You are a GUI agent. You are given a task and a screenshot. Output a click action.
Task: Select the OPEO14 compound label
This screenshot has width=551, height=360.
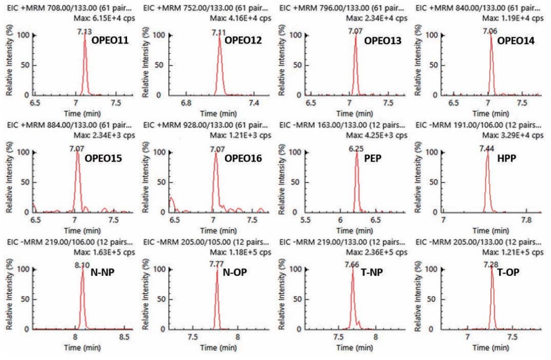516,41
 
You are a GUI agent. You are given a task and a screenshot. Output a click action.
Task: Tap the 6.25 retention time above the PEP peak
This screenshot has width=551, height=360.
356,150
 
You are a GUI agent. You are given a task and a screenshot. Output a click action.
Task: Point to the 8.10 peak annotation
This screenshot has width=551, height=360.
83,266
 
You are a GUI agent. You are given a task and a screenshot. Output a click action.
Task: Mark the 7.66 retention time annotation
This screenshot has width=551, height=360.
353,266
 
